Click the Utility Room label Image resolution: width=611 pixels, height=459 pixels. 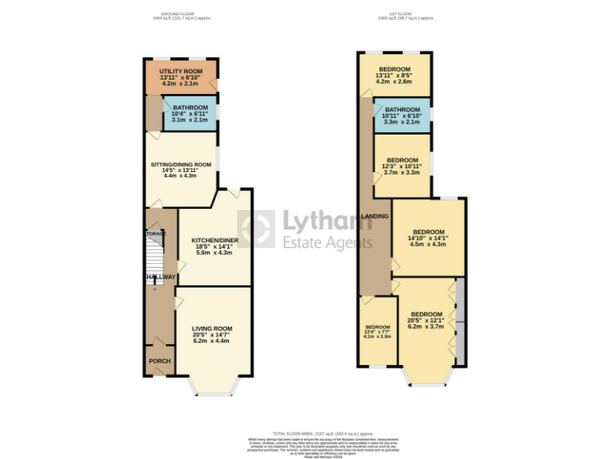click(x=181, y=72)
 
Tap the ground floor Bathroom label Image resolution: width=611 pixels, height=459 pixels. click(x=190, y=108)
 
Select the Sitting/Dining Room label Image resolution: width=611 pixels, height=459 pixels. click(x=181, y=165)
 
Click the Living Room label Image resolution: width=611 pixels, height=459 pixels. click(x=211, y=328)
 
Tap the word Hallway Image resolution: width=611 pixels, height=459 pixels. click(x=160, y=277)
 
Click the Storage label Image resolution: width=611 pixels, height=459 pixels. click(x=155, y=233)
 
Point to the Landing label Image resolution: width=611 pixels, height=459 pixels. click(x=375, y=216)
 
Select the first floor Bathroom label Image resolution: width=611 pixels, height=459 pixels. click(x=402, y=110)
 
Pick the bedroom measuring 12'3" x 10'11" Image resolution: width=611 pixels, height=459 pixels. click(x=403, y=159)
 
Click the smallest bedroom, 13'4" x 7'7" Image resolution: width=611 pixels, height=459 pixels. click(x=377, y=328)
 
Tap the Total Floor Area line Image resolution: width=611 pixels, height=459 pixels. click(x=305, y=434)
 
